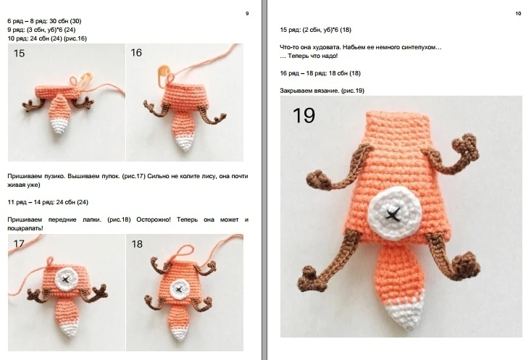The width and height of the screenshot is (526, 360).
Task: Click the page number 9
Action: coord(247,14)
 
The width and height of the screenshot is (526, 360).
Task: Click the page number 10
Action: coord(518,14)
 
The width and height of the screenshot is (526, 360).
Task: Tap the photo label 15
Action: coord(19,54)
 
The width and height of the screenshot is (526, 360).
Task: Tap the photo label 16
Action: coord(136,53)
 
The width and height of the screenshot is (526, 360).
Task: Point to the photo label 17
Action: coord(19,243)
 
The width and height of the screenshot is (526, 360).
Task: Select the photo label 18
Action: coord(137,244)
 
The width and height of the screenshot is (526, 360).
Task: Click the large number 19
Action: coord(304,115)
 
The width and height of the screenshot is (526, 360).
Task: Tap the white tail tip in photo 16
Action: coord(185,143)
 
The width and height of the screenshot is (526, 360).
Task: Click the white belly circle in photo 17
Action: coord(66,279)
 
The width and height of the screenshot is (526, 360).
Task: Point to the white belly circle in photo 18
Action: coord(178,289)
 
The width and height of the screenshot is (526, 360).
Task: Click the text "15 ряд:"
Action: coord(291,30)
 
